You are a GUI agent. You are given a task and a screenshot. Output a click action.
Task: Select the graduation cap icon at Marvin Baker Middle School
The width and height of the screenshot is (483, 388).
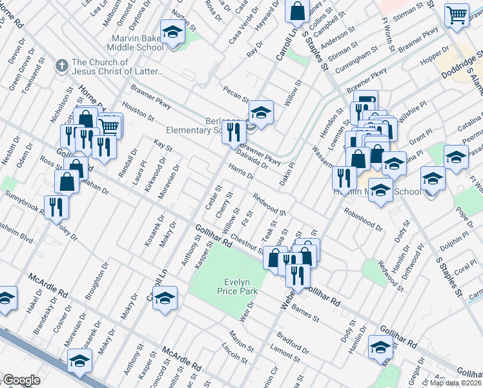pyautogui.click(x=172, y=32)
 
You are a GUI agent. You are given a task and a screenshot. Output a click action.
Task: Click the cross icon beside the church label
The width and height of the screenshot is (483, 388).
pyautogui.click(x=61, y=66)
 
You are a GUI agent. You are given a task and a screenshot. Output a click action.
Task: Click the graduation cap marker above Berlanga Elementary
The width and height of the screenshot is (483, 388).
pyautogui.click(x=261, y=113)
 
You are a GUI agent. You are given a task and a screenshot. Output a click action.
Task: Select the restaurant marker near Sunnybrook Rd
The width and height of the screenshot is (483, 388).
pyautogui.click(x=57, y=206)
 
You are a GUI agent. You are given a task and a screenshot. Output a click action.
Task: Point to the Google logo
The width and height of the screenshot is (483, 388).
pyautogui.click(x=21, y=380)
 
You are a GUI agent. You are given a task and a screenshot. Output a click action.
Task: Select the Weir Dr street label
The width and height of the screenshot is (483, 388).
pyautogui.click(x=243, y=313)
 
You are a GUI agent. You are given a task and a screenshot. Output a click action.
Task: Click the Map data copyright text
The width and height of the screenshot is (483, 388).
pyautogui.click(x=456, y=383)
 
